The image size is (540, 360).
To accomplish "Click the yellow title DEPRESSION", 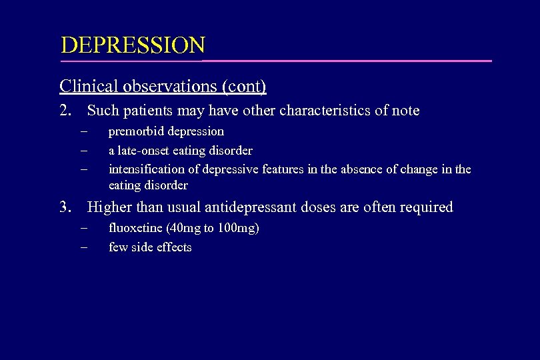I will click(x=133, y=45).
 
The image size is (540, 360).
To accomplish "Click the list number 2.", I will click(x=65, y=111).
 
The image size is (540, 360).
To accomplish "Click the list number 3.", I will click(x=65, y=207).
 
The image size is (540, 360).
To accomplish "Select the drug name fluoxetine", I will click(x=133, y=229).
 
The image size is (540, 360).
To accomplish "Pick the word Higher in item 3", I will click(x=108, y=207).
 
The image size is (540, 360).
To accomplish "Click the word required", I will click(x=427, y=207).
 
